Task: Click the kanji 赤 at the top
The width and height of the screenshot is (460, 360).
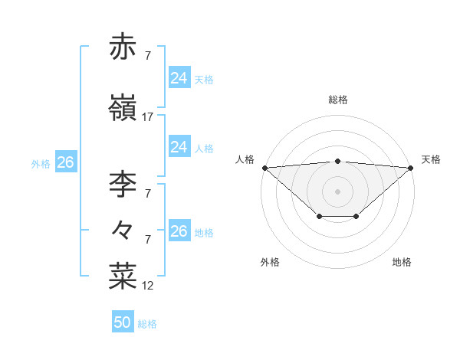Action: pos(123,47)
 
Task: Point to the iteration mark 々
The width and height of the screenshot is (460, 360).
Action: pos(123,228)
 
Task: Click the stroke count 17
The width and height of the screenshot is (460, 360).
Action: pos(148,117)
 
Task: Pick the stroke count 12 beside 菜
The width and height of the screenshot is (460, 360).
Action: pos(148,286)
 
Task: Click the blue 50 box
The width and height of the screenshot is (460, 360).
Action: pos(123,322)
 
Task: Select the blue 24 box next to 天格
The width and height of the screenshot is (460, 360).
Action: pos(179,78)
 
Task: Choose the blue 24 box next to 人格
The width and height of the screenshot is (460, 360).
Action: pos(179,147)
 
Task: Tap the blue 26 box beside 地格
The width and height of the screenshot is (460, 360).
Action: pos(179,231)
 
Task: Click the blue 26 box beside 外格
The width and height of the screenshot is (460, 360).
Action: pos(65,162)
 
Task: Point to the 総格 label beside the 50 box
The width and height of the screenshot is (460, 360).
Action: pos(147,324)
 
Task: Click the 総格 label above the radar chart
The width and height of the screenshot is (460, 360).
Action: pos(338,100)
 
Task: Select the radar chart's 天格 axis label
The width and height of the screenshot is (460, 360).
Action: pos(432,159)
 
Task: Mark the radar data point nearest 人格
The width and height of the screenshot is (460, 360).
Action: pos(264,167)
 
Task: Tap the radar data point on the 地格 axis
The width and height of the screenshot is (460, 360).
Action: pos(356,217)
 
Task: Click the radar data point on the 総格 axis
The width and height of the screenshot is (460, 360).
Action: pos(338,161)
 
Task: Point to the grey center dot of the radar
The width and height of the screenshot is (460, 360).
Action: pos(338,191)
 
